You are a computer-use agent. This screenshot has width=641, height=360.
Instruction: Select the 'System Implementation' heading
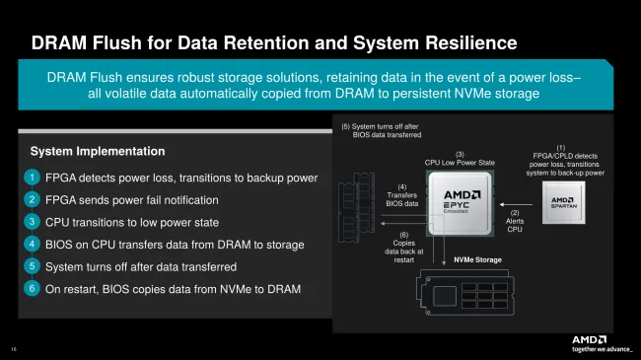coord(98,151)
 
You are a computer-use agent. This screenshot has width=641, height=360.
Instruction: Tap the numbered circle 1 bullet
coord(33,178)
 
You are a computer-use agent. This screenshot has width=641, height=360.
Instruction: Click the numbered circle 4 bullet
coord(33,244)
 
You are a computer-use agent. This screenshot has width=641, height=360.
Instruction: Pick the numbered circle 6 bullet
coord(33,288)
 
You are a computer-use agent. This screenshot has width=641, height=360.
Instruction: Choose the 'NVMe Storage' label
coord(477,260)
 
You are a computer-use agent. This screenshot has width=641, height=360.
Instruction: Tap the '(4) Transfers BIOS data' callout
coord(401,197)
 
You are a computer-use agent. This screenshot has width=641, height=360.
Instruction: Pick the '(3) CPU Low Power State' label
coord(459,159)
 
